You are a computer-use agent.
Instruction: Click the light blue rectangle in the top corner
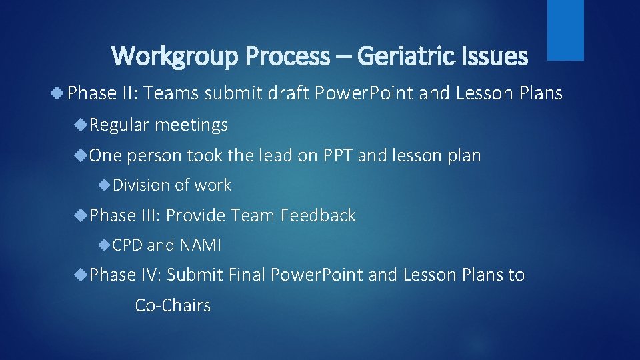point(565,30)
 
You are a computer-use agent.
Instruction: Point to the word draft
point(265,94)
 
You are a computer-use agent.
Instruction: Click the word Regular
point(120,125)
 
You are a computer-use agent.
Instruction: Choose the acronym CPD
point(127,245)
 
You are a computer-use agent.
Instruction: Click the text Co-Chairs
point(173,305)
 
